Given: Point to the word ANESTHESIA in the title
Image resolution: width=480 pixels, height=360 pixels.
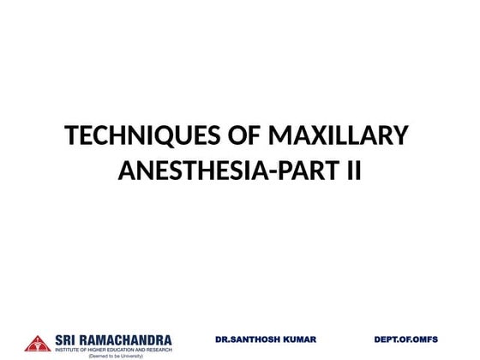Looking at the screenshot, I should click(190, 172).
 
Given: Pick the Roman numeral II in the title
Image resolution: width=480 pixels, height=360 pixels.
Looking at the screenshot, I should click(353, 172).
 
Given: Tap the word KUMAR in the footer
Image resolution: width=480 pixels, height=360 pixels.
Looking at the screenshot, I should click(298, 339).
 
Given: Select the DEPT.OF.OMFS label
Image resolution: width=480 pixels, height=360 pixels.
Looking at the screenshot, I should click(405, 339).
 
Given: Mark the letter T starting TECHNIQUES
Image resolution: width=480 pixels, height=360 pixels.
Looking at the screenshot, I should click(72, 137).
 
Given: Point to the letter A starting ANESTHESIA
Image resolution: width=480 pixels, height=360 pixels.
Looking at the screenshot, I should click(125, 172).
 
